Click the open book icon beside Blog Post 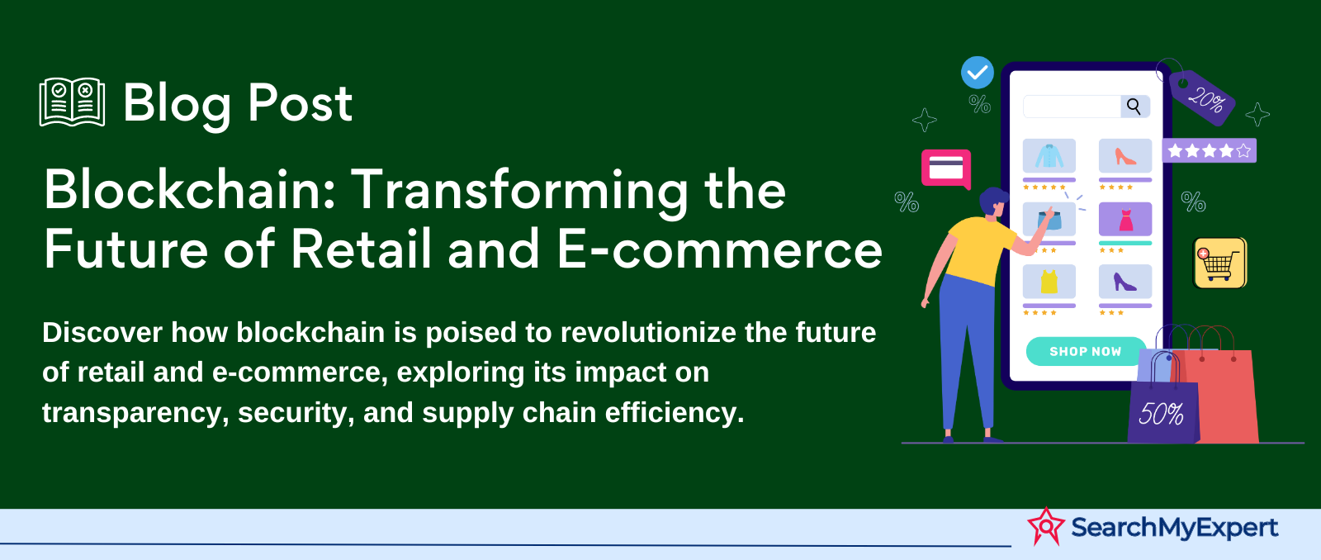72,102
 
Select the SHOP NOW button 1086,352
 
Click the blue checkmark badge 978,73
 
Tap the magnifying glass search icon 1134,107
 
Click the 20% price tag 1202,98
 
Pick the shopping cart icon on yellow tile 1219,263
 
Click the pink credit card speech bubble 946,168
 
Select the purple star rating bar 1209,150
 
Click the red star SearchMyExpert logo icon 1045,526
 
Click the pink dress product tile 1125,219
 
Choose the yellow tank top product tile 1049,282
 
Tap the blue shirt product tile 1049,156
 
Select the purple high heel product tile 1125,282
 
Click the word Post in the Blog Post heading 300,103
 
